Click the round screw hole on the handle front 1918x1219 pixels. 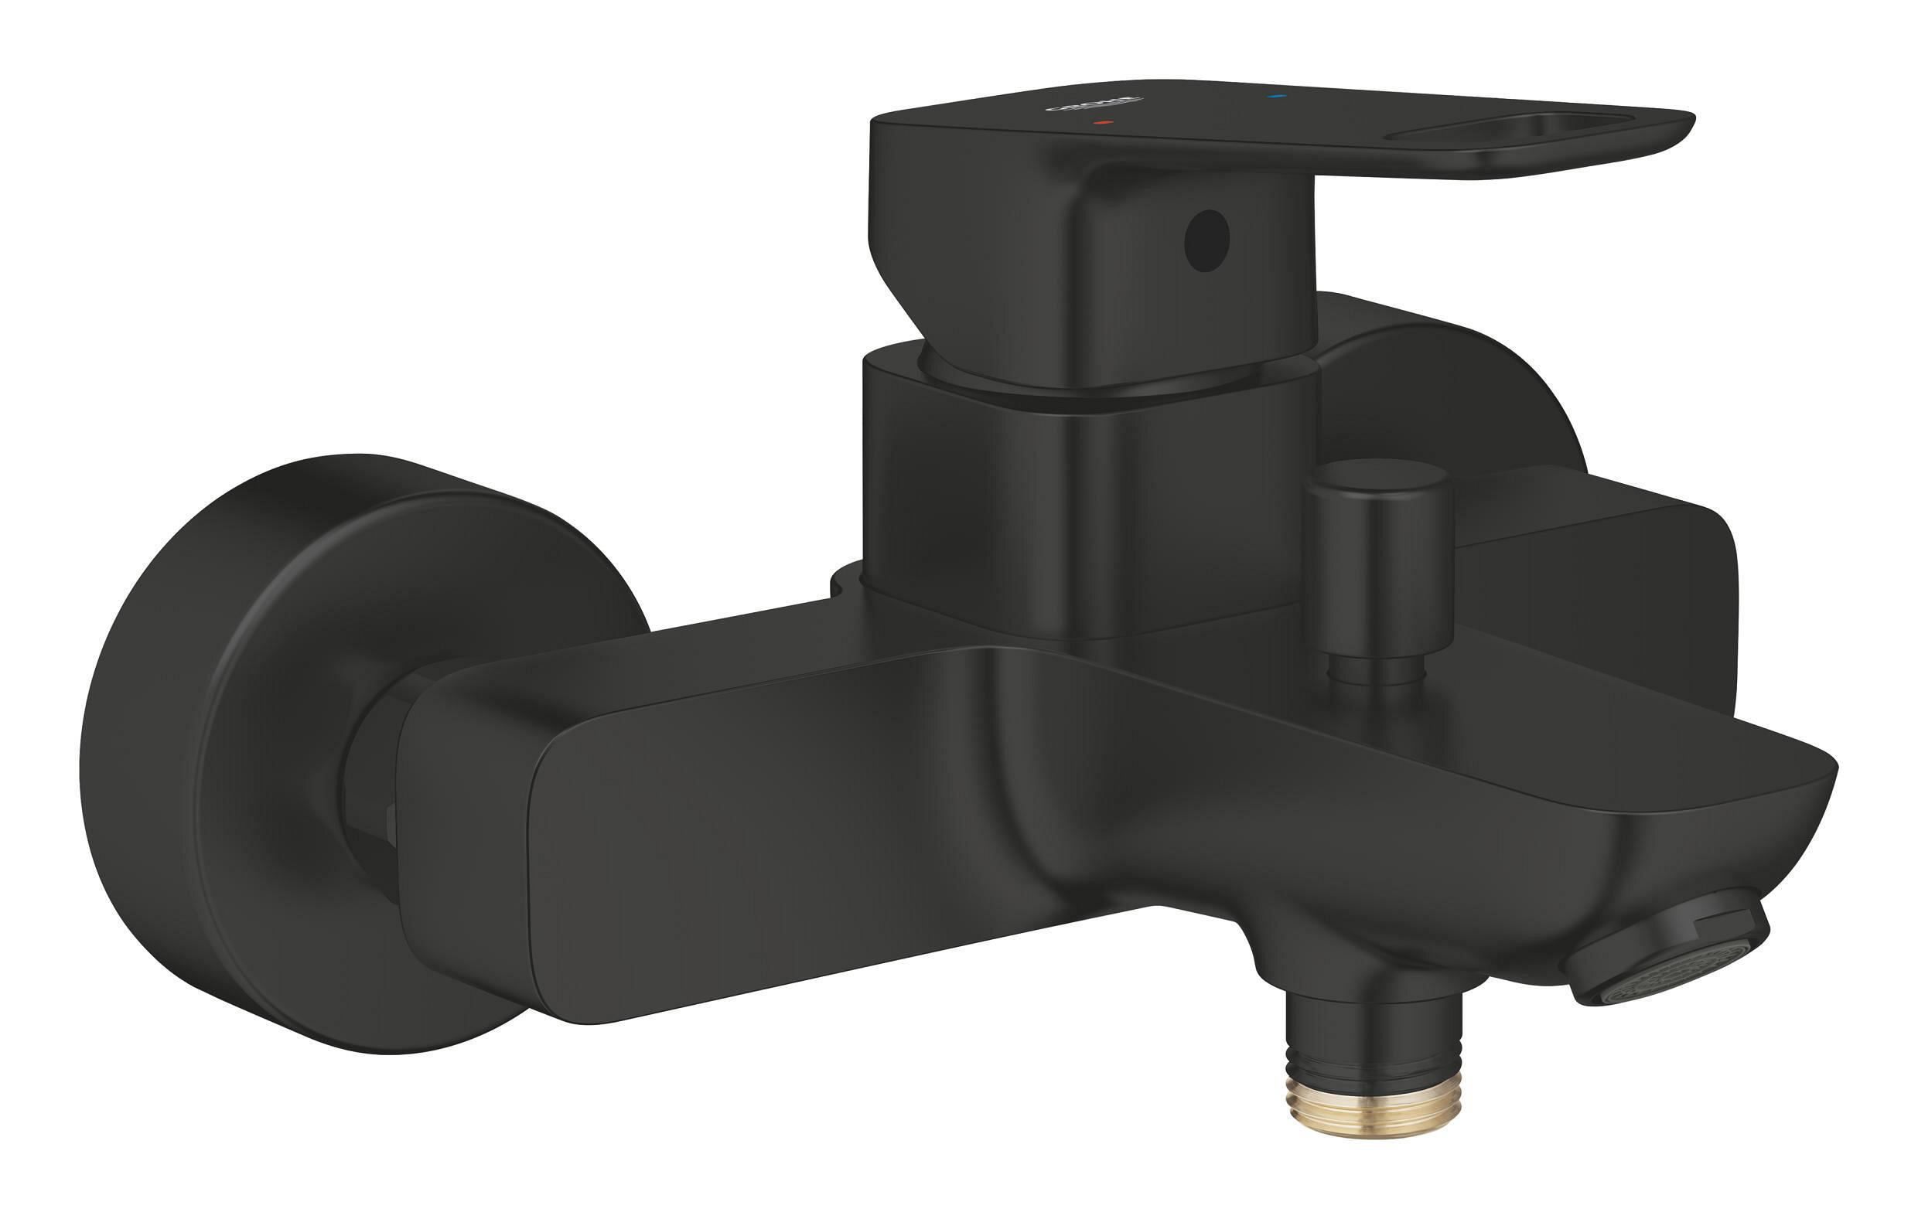pos(1206,240)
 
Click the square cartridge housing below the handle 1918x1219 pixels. pos(1084,509)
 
